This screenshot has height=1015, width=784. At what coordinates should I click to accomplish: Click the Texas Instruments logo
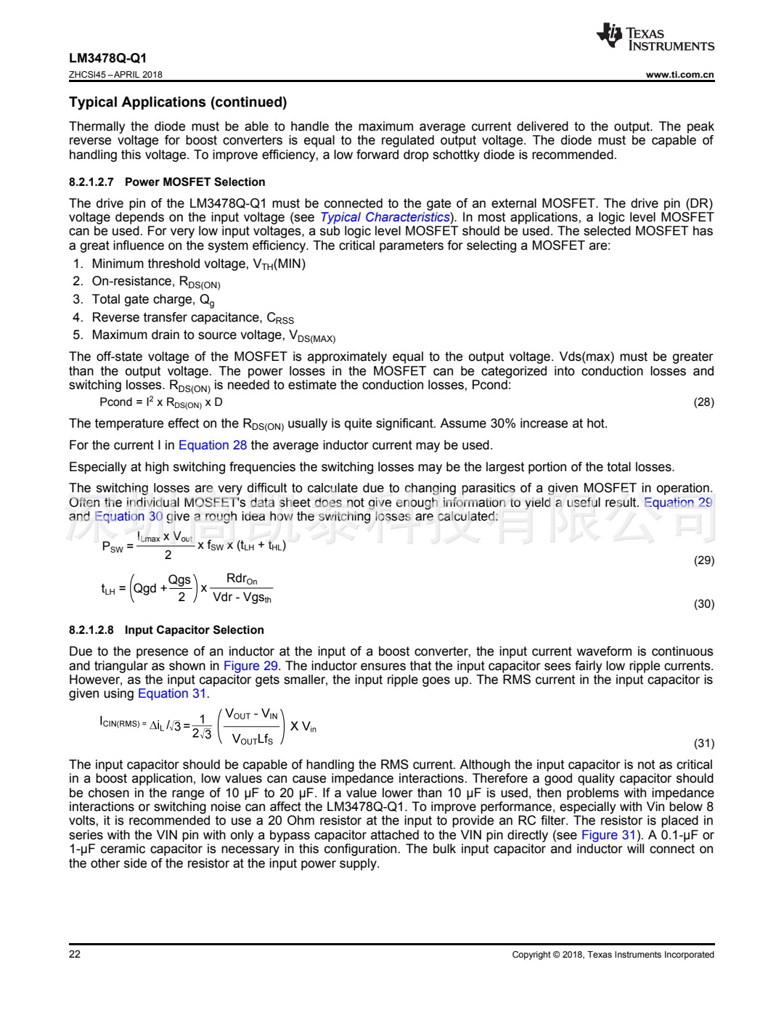pyautogui.click(x=655, y=38)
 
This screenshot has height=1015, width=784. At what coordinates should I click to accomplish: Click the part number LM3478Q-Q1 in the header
pyautogui.click(x=107, y=58)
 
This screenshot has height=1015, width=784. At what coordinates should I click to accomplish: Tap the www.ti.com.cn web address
pyautogui.click(x=679, y=75)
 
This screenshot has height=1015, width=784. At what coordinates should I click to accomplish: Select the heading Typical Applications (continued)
pyautogui.click(x=178, y=102)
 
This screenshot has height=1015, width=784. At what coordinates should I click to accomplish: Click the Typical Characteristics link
pyautogui.click(x=385, y=217)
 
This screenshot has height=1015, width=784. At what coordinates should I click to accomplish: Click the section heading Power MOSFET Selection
pyautogui.click(x=195, y=182)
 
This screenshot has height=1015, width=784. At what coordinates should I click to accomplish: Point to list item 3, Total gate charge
pyautogui.click(x=152, y=300)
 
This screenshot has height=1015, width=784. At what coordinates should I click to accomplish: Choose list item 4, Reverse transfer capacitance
pyautogui.click(x=192, y=318)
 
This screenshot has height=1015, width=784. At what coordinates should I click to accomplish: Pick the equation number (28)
pyautogui.click(x=703, y=402)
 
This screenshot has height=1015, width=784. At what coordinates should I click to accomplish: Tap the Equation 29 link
pyautogui.click(x=678, y=502)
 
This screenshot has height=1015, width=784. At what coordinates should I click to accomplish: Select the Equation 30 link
pyautogui.click(x=128, y=516)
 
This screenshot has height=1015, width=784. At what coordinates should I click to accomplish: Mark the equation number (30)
pyautogui.click(x=703, y=604)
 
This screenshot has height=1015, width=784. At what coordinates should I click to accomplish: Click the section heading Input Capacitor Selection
pyautogui.click(x=194, y=630)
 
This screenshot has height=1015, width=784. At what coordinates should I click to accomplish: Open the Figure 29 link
pyautogui.click(x=250, y=666)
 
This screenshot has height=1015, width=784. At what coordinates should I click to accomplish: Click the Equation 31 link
pyautogui.click(x=172, y=694)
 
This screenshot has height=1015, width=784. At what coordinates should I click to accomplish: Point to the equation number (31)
pyautogui.click(x=703, y=743)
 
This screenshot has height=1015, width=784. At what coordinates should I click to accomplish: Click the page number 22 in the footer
pyautogui.click(x=75, y=954)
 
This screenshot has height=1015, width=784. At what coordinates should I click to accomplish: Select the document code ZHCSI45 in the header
pyautogui.click(x=87, y=75)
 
